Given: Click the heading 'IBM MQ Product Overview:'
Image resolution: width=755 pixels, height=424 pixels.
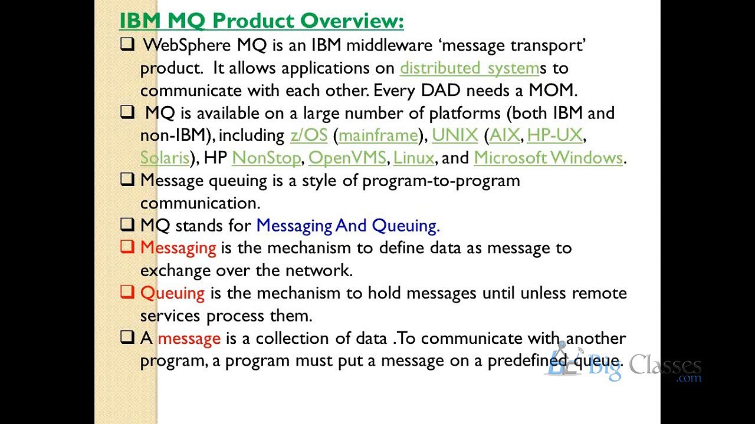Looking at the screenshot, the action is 261,21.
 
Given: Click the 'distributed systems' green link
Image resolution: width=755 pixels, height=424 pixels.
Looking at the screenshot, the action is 469,68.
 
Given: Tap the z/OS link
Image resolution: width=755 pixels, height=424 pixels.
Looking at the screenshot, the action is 308,135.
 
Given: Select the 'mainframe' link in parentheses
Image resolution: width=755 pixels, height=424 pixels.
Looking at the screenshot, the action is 378,135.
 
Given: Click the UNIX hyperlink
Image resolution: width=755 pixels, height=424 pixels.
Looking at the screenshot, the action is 455,135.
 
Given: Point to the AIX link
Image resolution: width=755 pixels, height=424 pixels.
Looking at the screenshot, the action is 504,135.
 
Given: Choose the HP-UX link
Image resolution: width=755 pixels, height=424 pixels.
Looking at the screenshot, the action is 555,135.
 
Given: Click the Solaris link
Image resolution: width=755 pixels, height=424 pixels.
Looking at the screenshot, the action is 165,157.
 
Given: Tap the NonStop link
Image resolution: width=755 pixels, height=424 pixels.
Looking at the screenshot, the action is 266,157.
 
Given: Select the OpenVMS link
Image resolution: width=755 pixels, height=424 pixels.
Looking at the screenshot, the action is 347,157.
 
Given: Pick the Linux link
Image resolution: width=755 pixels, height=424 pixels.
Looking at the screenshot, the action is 413,157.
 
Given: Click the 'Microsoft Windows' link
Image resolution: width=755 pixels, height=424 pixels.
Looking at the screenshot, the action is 548,157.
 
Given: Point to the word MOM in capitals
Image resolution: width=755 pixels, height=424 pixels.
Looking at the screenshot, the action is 551,90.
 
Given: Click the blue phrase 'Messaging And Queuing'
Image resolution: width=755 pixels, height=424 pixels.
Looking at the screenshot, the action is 346,226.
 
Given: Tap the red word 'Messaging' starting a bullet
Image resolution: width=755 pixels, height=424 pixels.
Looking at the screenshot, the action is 178,248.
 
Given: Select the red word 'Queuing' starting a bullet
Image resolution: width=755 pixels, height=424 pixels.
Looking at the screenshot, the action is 172,293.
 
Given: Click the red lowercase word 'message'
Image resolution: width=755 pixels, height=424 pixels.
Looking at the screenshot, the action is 189,338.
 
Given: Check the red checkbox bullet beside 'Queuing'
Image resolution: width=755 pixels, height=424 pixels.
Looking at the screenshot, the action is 127,291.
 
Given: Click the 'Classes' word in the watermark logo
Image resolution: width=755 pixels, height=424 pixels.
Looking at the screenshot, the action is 665,365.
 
